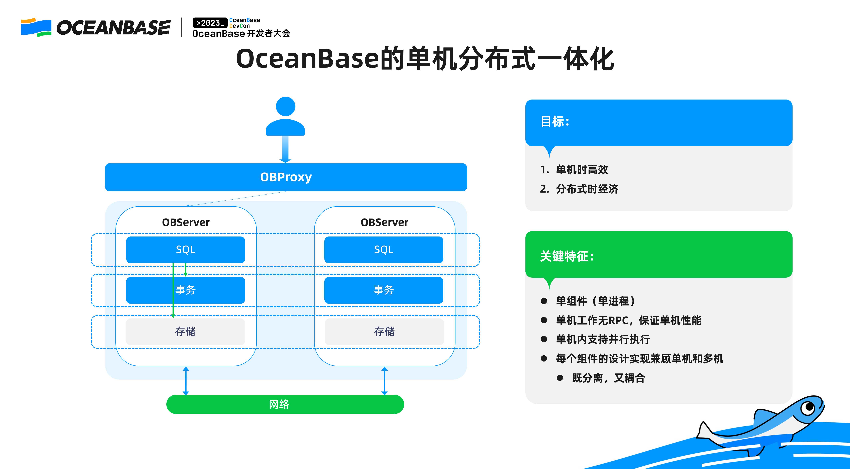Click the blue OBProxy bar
coord(286,177)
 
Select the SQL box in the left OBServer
coord(186,250)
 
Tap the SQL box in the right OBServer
coord(384,250)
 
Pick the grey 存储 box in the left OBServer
coord(186,332)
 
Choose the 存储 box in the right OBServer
coord(384,332)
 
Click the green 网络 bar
coord(285,404)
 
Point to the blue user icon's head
coord(285,106)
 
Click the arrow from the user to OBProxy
coord(285,149)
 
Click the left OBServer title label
coord(186,222)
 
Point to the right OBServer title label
coord(384,222)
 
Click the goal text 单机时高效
coord(582,170)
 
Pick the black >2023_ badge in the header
coord(210,23)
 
